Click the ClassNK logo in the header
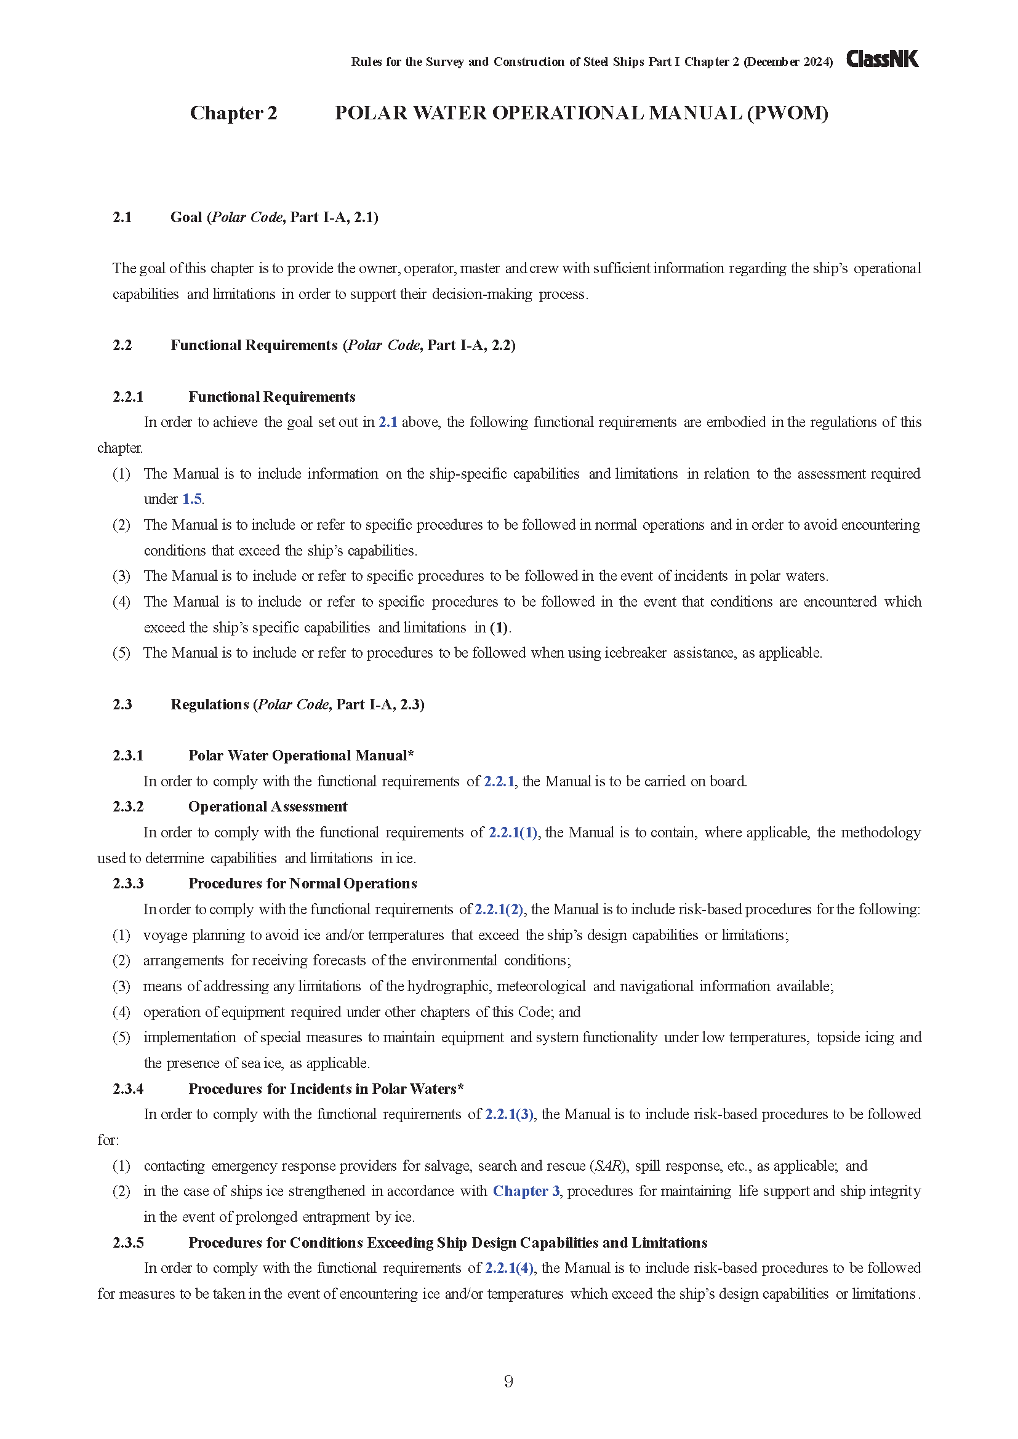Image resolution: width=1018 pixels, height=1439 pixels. click(882, 60)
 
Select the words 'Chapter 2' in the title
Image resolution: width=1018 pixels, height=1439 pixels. click(233, 113)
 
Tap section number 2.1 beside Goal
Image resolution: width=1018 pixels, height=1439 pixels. click(122, 217)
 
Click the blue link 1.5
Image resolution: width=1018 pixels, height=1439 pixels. click(192, 500)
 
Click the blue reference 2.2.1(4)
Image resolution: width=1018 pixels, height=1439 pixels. click(509, 1268)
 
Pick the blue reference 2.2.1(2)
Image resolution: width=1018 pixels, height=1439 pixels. click(499, 909)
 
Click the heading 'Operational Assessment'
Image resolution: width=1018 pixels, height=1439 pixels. click(268, 807)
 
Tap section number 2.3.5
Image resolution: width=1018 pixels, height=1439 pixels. click(129, 1243)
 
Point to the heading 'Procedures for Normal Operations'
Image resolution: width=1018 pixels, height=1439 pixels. click(303, 883)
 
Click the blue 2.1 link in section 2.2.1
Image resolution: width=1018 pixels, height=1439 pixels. click(387, 423)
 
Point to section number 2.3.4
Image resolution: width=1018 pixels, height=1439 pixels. click(129, 1089)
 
